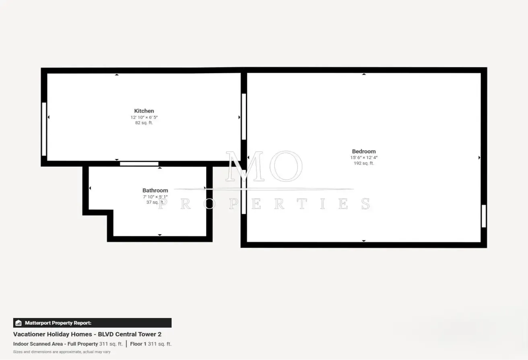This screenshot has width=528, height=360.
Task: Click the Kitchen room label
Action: [144, 111]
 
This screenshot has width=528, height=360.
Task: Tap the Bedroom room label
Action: [364, 151]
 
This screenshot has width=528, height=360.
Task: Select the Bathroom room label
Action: [155, 190]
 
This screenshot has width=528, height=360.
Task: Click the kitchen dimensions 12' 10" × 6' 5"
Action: [144, 117]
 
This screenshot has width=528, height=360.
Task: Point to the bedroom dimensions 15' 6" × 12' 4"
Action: [364, 157]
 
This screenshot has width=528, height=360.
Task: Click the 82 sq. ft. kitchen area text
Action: [144, 123]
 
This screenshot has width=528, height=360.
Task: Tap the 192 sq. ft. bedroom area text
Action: [364, 163]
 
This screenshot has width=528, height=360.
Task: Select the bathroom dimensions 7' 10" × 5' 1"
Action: [155, 197]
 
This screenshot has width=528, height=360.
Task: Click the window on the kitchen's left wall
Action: [44, 129]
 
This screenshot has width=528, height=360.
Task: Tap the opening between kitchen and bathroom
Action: [139, 164]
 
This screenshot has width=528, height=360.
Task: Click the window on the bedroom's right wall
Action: [484, 216]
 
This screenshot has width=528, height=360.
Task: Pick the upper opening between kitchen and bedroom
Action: [244, 116]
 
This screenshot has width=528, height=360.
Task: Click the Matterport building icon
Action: [19, 323]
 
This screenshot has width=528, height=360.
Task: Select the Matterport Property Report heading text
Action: [58, 323]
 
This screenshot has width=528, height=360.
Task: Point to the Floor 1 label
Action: [138, 344]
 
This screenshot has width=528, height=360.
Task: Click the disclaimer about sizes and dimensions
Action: [62, 352]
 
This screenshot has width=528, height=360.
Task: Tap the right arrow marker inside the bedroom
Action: [479, 157]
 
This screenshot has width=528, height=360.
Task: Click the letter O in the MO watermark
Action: [286, 166]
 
